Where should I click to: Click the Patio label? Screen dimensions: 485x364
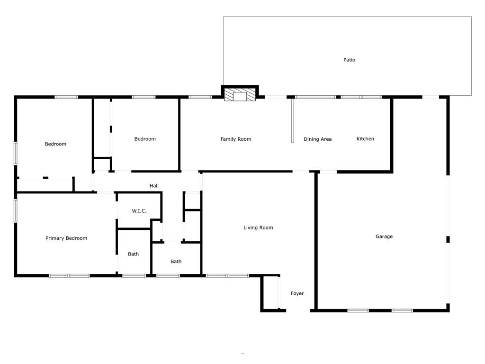(x=349, y=60)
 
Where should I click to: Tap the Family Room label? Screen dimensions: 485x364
(x=236, y=139)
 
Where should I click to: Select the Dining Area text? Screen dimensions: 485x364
(x=317, y=139)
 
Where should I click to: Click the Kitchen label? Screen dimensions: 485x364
(x=365, y=139)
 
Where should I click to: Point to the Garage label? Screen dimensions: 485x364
(x=384, y=237)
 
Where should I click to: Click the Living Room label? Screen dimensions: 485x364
(x=258, y=228)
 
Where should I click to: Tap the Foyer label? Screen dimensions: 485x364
(x=297, y=293)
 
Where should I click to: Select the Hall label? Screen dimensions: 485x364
(x=154, y=186)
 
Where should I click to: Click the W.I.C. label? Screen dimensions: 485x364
(x=139, y=211)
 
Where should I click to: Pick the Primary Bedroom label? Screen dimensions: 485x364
(x=66, y=238)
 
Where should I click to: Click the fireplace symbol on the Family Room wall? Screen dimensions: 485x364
(x=240, y=95)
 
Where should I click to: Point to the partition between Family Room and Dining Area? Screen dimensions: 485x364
(x=293, y=121)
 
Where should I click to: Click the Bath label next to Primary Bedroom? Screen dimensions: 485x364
(x=133, y=254)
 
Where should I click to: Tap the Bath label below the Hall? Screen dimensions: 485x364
(x=176, y=262)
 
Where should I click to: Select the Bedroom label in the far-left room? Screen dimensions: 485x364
(x=55, y=144)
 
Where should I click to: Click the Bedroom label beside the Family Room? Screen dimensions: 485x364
(x=145, y=139)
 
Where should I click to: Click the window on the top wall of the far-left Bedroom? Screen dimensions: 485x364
(x=66, y=97)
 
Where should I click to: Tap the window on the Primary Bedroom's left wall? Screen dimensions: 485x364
(x=16, y=211)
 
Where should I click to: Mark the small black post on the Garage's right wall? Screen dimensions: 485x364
(x=448, y=239)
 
